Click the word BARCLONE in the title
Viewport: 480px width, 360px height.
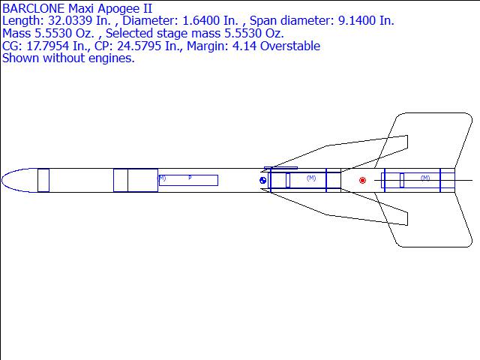(33, 8)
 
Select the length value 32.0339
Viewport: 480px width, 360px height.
(70, 21)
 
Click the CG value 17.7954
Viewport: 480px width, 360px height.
(48, 46)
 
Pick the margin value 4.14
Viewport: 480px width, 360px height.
(245, 46)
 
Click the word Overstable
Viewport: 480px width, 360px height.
(290, 46)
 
